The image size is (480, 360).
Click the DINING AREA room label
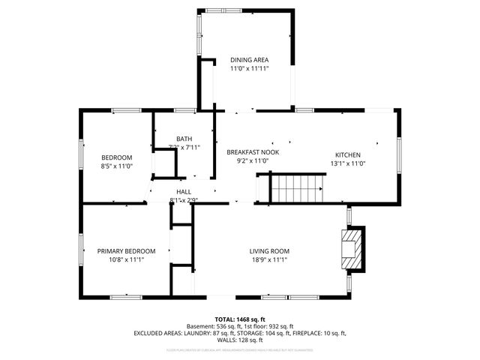pos(249,60)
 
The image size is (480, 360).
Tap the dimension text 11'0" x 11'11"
pos(249,68)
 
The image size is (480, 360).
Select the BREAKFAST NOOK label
pos(253,152)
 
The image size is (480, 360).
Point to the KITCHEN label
pos(349,155)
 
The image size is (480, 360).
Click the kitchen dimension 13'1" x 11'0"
pos(349,163)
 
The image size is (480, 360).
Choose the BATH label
pos(184,139)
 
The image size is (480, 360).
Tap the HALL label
pos(184,192)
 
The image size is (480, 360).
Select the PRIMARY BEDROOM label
pos(126,251)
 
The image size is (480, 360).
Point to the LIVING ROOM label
pos(269,251)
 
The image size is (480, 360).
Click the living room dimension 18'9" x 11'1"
pos(269,259)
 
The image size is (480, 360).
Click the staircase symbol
pos(298,187)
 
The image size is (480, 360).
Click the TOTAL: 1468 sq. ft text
pos(240,319)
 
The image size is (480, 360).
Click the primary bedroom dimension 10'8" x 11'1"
pos(126,259)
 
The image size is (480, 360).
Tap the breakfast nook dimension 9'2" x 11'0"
pos(253,160)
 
